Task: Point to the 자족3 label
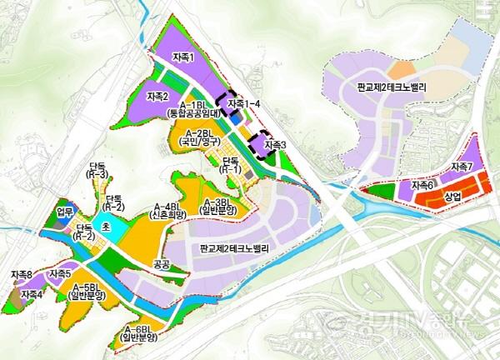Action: pos(275,145)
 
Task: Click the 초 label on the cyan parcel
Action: pos(105,226)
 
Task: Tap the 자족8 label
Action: pos(22,274)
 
